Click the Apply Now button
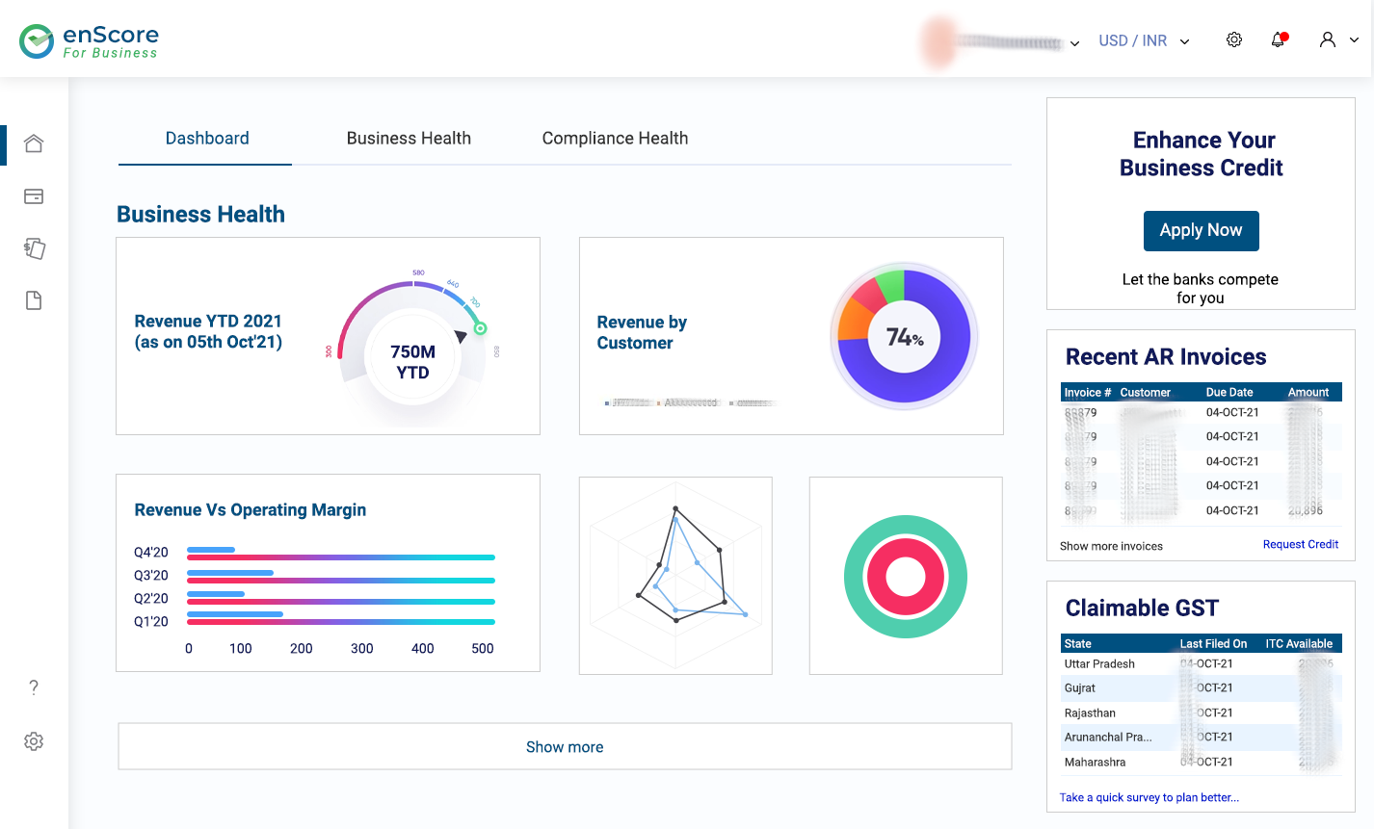1201,231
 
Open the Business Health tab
409,139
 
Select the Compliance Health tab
615,139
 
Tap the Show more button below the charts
565,747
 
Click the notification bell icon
1279,40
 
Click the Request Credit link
1300,545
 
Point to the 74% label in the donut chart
904,337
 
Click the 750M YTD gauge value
412,362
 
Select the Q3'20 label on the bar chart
151,576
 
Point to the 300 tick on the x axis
361,649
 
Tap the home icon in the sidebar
34,143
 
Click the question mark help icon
34,687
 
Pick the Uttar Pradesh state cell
1099,664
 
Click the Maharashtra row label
1095,763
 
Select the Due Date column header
1229,393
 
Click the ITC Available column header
1299,644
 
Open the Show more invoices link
1111,546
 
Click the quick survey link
1149,798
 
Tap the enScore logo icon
37,41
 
